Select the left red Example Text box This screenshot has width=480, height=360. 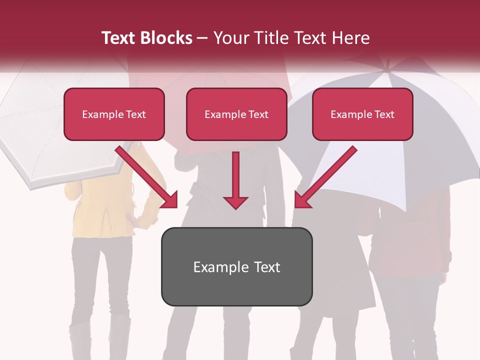pyautogui.click(x=114, y=114)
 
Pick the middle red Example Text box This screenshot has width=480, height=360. pyautogui.click(x=236, y=114)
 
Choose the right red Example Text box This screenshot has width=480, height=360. pyautogui.click(x=362, y=114)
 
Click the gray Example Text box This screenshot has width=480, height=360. pyautogui.click(x=236, y=267)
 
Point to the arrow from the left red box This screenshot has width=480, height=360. pyautogui.click(x=147, y=177)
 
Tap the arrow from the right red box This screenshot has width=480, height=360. pyautogui.click(x=325, y=177)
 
